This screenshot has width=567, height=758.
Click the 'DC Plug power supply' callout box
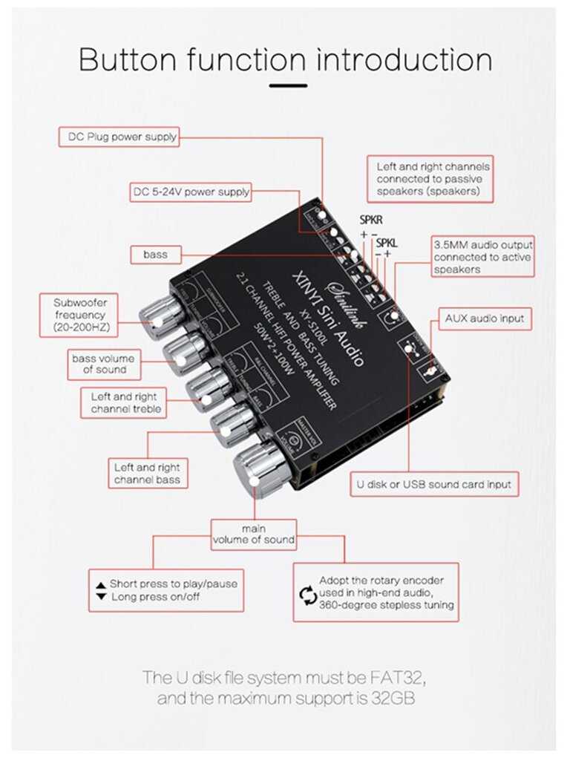tap(119, 137)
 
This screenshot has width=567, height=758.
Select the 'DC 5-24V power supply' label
tap(191, 192)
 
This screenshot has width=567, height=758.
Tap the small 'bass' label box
tap(155, 255)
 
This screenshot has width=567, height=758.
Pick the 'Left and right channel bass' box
tap(147, 474)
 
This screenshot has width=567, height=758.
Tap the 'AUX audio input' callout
tap(485, 319)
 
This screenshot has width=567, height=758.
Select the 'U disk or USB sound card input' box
tap(433, 484)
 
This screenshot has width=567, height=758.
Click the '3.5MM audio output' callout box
tap(482, 257)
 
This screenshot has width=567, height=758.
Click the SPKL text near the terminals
tap(387, 243)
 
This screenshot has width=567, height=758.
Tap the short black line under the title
tap(288, 86)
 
